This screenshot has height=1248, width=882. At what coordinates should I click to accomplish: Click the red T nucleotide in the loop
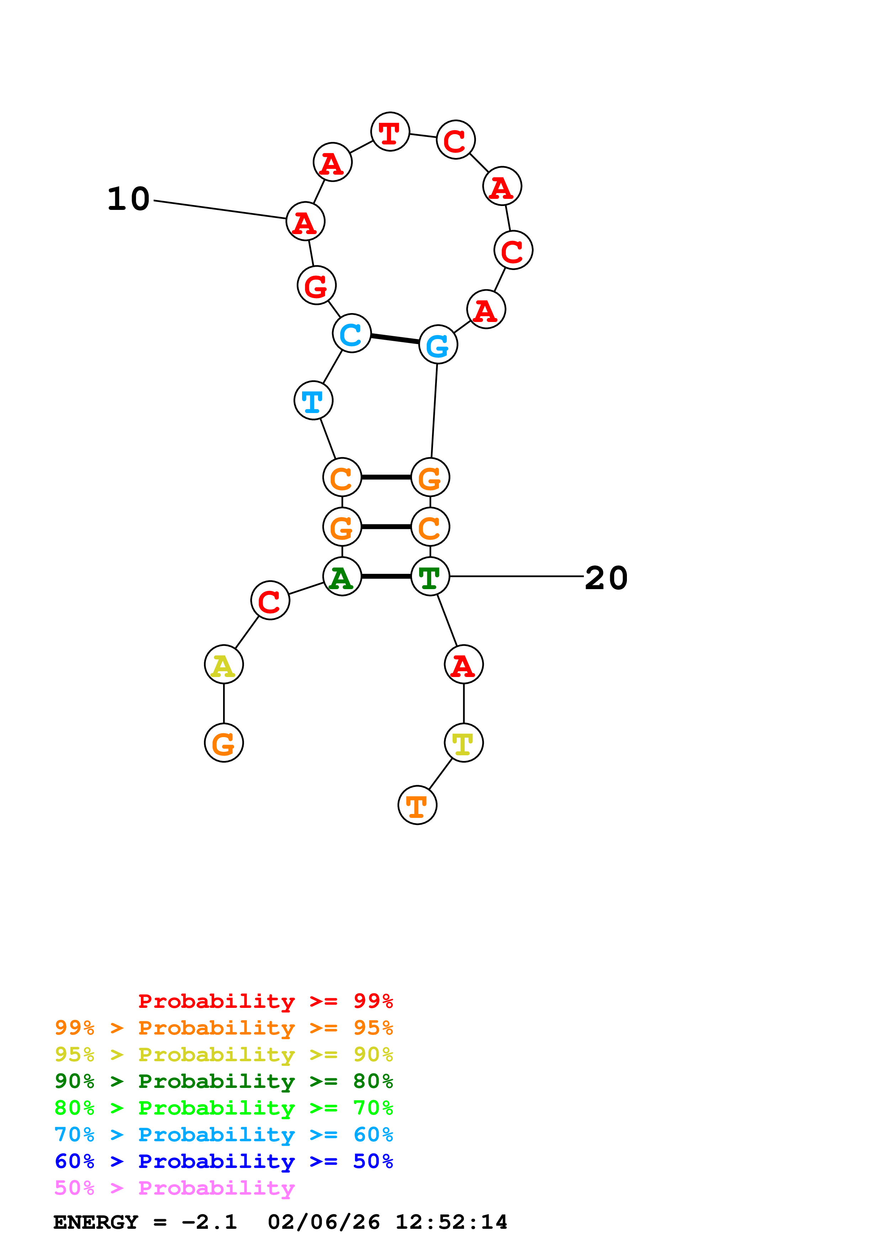coord(390,132)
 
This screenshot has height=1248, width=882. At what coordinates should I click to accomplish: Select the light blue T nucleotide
coord(313,401)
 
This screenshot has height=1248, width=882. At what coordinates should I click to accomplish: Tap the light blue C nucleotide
coord(352,333)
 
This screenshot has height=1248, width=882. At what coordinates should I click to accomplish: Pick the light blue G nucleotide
coord(438,344)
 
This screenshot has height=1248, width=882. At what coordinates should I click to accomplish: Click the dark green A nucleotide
coord(342,576)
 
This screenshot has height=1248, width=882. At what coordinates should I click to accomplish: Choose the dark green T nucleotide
coord(430,576)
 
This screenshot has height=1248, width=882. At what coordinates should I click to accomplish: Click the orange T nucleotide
coord(417,805)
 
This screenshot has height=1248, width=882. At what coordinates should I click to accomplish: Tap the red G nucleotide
coord(317,285)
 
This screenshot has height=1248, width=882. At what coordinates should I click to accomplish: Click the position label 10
coord(128,199)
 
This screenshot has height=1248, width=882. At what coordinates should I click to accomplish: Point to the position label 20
coord(606,577)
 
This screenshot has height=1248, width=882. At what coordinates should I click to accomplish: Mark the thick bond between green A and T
coord(386,576)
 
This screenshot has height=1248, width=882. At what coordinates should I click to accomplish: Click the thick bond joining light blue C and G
coord(395,339)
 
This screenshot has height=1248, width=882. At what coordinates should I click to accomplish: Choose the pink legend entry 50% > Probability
coord(174,1188)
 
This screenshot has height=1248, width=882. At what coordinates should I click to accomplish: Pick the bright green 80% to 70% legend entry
coord(223,1108)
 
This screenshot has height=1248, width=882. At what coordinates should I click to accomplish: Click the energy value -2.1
coord(209,1222)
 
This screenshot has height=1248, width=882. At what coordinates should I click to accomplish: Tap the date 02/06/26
coord(323,1222)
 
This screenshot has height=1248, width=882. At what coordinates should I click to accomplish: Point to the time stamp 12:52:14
coord(451,1222)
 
